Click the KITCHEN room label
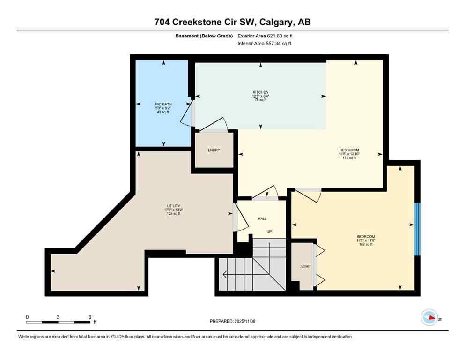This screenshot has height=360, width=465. (x=260, y=92)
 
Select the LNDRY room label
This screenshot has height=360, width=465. (x=214, y=150)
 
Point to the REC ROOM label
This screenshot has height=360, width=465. (x=349, y=150)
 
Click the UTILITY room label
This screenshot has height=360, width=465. (x=172, y=206)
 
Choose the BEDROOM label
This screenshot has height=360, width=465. (x=366, y=236)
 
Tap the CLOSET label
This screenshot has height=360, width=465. (x=305, y=266)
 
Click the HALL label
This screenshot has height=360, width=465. (x=262, y=218)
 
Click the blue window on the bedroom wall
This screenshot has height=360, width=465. (x=418, y=229)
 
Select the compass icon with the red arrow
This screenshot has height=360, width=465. (x=429, y=318)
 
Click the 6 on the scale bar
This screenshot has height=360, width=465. (x=89, y=317)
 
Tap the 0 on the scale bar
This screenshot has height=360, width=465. (x=27, y=317)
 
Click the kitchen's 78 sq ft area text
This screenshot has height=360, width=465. (x=260, y=100)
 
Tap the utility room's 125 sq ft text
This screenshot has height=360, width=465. (x=172, y=214)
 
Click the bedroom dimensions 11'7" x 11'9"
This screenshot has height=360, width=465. (x=366, y=240)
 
